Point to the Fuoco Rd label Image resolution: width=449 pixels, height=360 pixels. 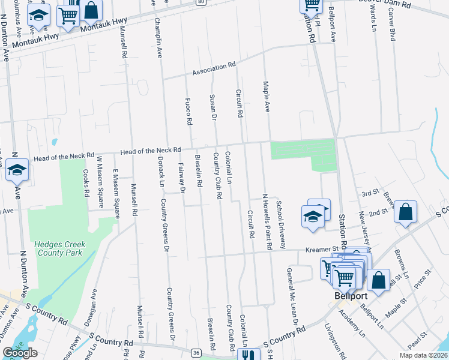tap(188, 111)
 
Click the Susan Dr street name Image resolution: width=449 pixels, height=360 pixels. tap(212, 106)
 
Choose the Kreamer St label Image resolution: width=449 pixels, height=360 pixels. tap(322, 248)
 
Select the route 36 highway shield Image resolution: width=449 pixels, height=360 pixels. tap(196, 352)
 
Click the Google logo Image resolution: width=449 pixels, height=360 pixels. tap(20, 353)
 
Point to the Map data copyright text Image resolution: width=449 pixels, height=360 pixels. tap(423, 355)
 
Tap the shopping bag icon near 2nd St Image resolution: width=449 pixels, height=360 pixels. tap(406, 212)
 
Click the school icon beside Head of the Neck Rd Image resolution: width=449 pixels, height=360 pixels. tap(17, 171)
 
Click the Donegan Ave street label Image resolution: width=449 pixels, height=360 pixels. tap(88, 310)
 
